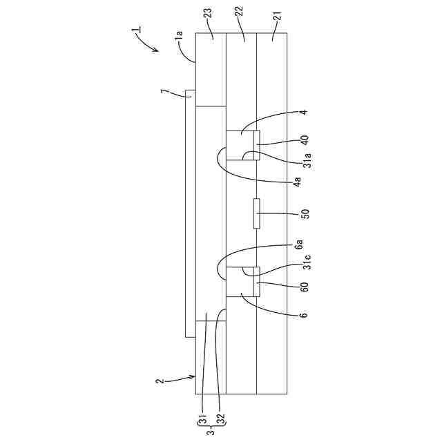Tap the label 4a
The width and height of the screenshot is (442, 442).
pos(298,184)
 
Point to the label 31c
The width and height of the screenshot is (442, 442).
pos(307,265)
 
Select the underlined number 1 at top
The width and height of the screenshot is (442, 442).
pos(135,31)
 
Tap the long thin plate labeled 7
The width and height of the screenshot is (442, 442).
pos(189,214)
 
